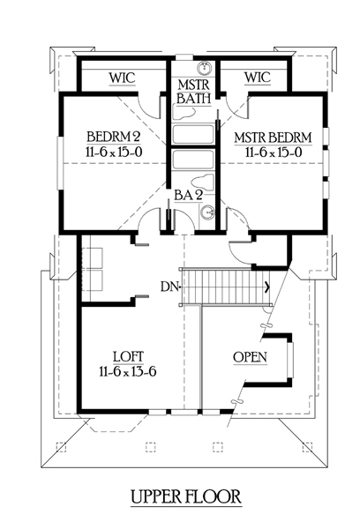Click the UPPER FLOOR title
(x=186, y=496)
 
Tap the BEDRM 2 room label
(x=114, y=137)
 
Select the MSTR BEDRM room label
(x=273, y=138)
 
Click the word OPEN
(x=251, y=357)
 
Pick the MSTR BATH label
(x=194, y=91)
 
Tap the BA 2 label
(x=188, y=195)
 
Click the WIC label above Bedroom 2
(x=122, y=78)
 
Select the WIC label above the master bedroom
(x=258, y=78)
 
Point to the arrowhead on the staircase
(x=268, y=287)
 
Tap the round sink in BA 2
(x=206, y=213)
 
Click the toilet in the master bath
(x=184, y=112)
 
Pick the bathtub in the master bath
(x=193, y=135)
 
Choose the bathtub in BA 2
(x=193, y=160)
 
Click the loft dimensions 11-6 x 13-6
(x=128, y=371)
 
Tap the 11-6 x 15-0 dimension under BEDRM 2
(x=114, y=152)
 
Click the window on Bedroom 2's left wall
(x=61, y=163)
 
